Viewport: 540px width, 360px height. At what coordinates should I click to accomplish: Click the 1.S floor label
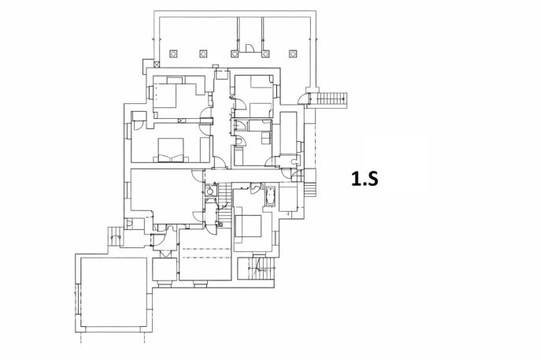(x=364, y=179)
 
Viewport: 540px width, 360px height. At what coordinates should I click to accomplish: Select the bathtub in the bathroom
(x=270, y=197)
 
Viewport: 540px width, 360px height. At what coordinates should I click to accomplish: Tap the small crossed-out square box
(x=157, y=64)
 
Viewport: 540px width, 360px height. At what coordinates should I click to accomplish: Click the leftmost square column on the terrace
(x=173, y=54)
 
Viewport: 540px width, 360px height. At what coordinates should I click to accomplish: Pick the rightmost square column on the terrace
(x=293, y=54)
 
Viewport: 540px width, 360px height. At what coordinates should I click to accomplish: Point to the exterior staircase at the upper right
(x=330, y=98)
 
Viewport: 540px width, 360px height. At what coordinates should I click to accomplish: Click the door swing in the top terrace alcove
(x=250, y=48)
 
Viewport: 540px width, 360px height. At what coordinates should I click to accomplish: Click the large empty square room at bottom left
(x=114, y=292)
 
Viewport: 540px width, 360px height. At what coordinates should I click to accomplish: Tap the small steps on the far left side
(x=115, y=236)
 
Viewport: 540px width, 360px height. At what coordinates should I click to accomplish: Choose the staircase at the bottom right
(x=257, y=269)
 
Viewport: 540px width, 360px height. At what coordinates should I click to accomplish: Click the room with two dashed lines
(x=205, y=254)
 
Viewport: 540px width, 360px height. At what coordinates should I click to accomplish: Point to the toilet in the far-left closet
(x=129, y=224)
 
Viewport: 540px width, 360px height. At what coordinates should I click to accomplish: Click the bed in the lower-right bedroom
(x=248, y=226)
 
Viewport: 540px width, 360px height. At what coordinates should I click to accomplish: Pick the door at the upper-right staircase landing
(x=303, y=98)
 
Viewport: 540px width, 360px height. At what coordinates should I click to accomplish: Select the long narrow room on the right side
(x=288, y=132)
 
